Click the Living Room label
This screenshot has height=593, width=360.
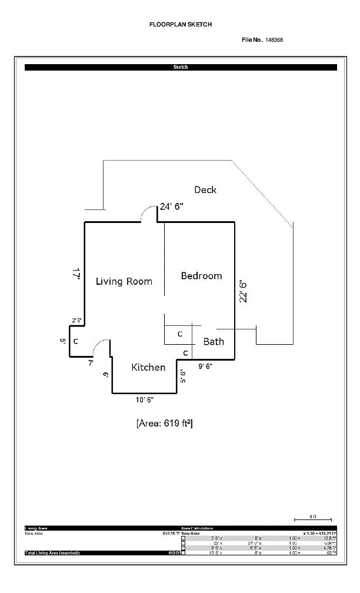pos(124,281)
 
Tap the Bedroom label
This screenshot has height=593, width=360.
pos(201,275)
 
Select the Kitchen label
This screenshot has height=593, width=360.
pos(148,367)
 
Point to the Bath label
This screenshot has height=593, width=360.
pos(214,341)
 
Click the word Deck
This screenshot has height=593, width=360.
pos(205,189)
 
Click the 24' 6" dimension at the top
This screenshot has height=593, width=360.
pos(172,206)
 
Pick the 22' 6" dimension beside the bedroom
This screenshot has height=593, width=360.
pos(243,291)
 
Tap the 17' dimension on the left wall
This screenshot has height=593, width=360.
pos(76,274)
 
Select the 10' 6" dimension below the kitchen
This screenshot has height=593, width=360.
pos(144,400)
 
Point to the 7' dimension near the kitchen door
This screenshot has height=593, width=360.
pos(91,363)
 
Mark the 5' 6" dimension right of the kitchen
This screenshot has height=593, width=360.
pos(182,376)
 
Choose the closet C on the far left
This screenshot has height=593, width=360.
pos(75,341)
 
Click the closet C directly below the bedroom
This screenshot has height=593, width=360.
pos(180,334)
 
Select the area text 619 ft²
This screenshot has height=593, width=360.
pos(164,422)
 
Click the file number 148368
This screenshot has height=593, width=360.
pos(274,39)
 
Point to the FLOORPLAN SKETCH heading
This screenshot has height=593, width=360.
pos(181,25)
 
